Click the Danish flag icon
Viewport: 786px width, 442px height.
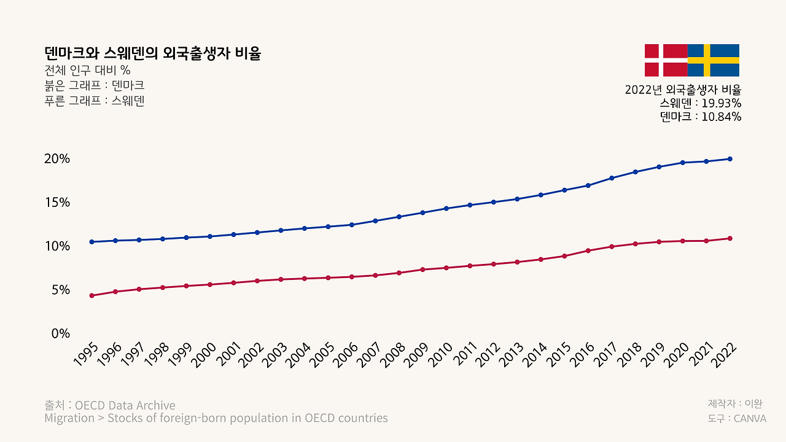click(x=666, y=60)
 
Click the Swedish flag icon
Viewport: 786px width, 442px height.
click(x=713, y=60)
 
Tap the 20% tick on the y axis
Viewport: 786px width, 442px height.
click(x=57, y=158)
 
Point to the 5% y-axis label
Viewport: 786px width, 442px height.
click(x=60, y=290)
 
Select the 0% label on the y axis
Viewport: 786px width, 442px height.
click(x=60, y=333)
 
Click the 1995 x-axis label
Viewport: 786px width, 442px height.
click(x=87, y=355)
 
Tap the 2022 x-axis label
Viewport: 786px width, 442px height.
click(x=725, y=355)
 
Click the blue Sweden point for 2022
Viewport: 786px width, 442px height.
click(x=730, y=159)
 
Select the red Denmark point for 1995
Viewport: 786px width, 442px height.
click(x=91, y=296)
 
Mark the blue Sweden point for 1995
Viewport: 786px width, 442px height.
click(x=91, y=242)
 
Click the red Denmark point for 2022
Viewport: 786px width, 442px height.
click(x=730, y=238)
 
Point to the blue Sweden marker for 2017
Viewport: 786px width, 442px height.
click(x=612, y=178)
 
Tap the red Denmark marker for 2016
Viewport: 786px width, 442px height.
click(x=588, y=250)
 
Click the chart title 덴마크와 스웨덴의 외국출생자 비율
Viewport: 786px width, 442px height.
click(x=153, y=53)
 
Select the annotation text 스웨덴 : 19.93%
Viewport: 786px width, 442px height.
click(x=701, y=103)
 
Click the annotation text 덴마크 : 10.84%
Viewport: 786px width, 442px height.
click(x=701, y=117)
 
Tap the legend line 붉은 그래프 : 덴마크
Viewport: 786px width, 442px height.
click(x=95, y=85)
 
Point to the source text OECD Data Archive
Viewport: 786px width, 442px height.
click(x=125, y=405)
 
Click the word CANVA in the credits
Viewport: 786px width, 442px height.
click(x=750, y=419)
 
